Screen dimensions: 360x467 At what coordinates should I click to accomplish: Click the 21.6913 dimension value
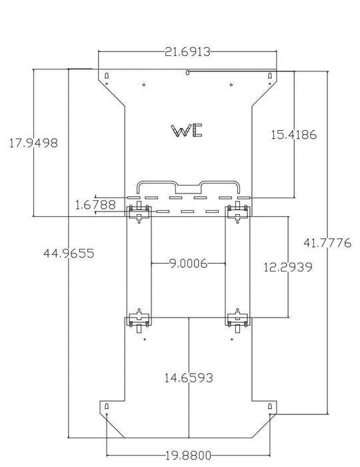(187, 52)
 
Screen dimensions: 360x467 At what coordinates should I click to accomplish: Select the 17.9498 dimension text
(33, 143)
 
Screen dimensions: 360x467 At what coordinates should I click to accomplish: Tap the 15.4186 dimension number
(293, 135)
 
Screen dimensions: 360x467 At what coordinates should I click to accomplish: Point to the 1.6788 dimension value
(95, 205)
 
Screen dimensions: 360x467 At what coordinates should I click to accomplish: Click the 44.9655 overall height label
(69, 254)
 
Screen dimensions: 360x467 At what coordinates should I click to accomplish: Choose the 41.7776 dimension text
(327, 243)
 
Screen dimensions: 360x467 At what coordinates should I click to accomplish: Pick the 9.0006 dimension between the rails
(188, 264)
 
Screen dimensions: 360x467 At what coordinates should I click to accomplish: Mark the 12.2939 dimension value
(288, 267)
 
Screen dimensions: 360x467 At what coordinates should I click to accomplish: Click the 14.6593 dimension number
(189, 378)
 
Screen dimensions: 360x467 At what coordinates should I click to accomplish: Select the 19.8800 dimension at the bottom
(188, 456)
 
